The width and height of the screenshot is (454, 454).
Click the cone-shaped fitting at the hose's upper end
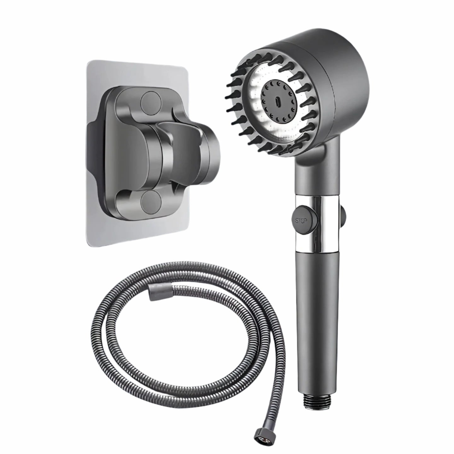click(155, 294)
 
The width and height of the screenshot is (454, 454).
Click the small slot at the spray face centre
click(277, 103)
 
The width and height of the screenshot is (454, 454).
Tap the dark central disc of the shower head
click(277, 102)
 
